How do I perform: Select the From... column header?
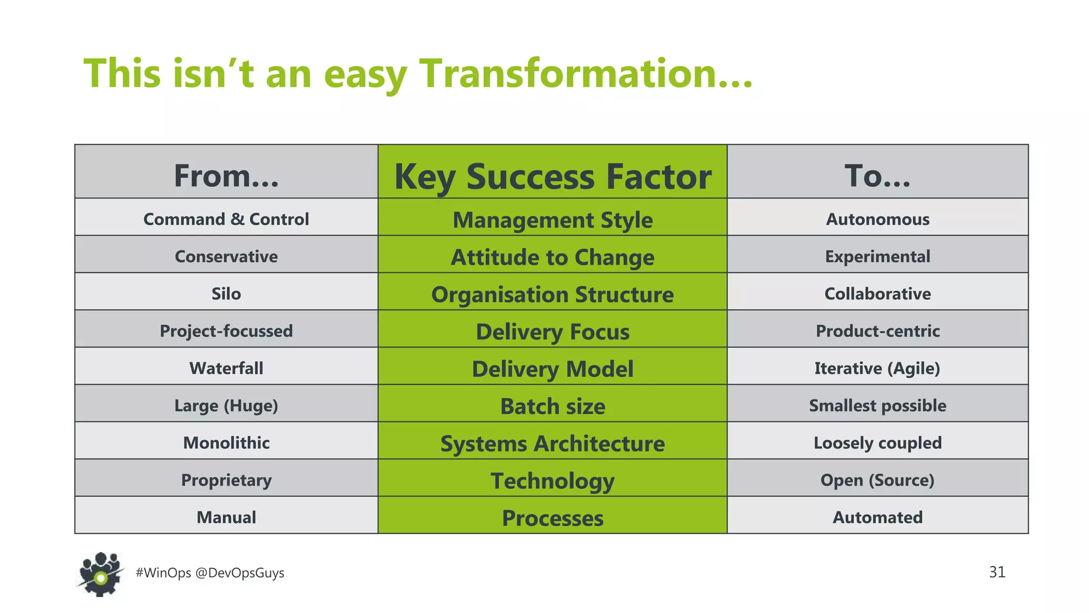click(x=227, y=176)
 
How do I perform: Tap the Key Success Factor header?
click(x=552, y=177)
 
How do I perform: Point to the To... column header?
click(x=877, y=176)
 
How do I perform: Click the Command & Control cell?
click(x=227, y=219)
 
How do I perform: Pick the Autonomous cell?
click(x=877, y=219)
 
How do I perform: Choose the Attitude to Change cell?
click(x=552, y=257)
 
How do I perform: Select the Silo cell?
click(x=227, y=294)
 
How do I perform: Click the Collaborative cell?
click(x=877, y=294)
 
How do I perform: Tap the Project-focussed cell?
click(x=227, y=331)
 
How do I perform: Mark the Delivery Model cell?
click(x=552, y=369)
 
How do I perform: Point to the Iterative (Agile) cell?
click(x=877, y=368)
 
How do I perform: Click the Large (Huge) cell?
click(x=227, y=405)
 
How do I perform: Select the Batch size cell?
click(x=552, y=406)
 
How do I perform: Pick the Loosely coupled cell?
click(x=877, y=443)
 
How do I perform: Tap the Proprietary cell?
click(x=227, y=480)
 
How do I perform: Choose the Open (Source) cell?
click(x=877, y=480)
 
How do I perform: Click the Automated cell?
click(x=877, y=517)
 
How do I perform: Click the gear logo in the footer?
click(x=100, y=574)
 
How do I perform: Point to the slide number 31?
click(x=997, y=572)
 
